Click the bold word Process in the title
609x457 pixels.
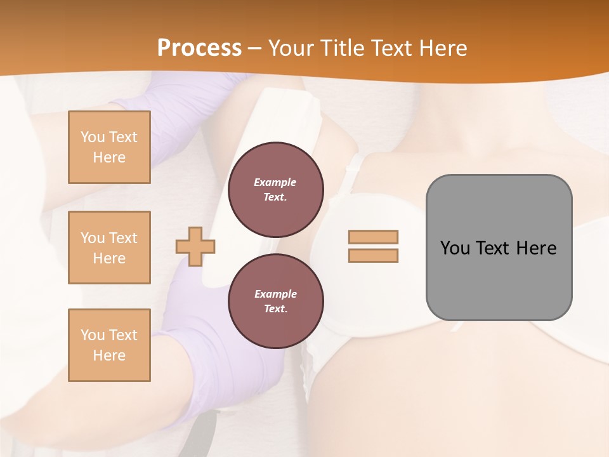[x=199, y=48]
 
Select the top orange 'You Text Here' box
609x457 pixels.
[x=109, y=147]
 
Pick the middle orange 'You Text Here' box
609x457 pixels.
[x=109, y=248]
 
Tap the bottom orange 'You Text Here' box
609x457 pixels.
[x=109, y=345]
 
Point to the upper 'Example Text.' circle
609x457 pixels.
[x=275, y=190]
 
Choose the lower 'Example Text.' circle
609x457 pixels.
[x=275, y=301]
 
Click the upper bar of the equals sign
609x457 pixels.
[x=373, y=237]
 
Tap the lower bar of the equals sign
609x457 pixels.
[x=373, y=256]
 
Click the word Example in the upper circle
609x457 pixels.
[x=275, y=183]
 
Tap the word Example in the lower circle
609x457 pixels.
[x=275, y=295]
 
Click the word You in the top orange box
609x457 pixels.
[x=92, y=137]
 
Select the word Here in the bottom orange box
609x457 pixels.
[x=109, y=355]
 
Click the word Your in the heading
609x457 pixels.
[x=289, y=48]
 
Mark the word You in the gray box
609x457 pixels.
[x=454, y=248]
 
